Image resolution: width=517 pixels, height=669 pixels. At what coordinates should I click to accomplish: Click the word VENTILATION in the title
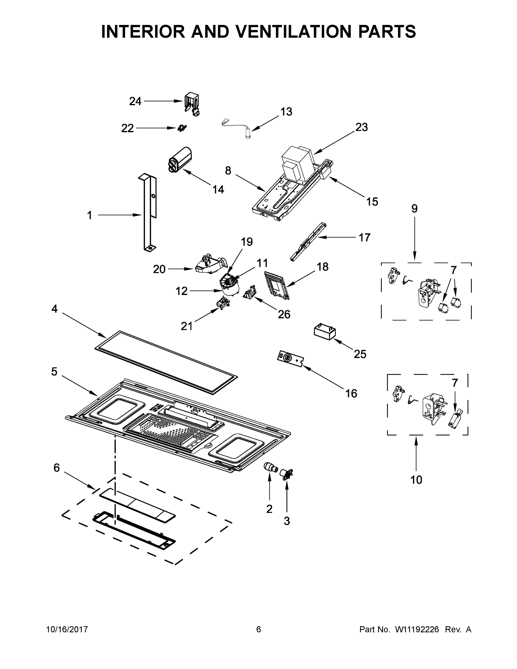point(292,31)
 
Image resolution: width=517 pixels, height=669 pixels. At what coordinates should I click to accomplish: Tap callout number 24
point(135,101)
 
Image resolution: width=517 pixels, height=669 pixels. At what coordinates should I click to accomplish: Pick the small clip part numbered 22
point(182,128)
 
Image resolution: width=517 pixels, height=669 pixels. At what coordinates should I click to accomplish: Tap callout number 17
point(364,237)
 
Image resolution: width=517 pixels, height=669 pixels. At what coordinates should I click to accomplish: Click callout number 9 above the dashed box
point(414,209)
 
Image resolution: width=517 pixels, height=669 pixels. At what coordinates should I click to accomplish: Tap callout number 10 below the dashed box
point(416,480)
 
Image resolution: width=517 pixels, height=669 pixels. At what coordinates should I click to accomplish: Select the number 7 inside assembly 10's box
point(455,383)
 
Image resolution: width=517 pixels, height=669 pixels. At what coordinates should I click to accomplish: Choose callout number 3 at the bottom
point(287,521)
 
